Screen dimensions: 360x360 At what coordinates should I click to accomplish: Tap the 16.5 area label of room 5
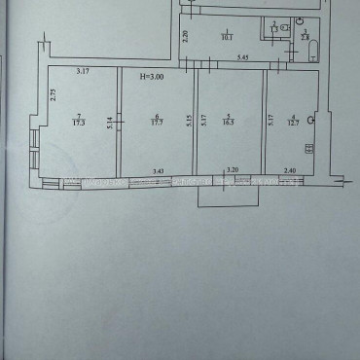click(x=231, y=123)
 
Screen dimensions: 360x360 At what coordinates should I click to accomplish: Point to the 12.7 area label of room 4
click(x=293, y=123)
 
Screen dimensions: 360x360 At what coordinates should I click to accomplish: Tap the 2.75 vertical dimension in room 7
click(x=52, y=94)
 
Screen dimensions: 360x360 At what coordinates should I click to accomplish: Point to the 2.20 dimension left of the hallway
click(x=185, y=38)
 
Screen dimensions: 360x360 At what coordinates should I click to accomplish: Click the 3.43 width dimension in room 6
click(x=158, y=172)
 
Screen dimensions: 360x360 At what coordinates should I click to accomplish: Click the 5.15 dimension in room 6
click(x=189, y=121)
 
